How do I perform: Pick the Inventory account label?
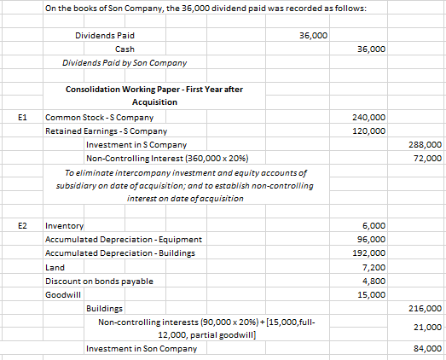click(64, 225)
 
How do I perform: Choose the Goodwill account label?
click(61, 293)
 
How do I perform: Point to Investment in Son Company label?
click(142, 348)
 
